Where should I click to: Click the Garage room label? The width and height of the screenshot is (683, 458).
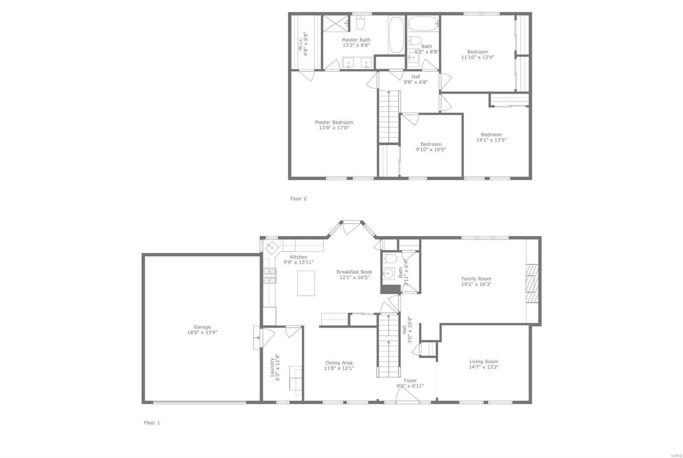coord(202,327)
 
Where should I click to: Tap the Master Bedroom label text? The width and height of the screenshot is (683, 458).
coord(334,122)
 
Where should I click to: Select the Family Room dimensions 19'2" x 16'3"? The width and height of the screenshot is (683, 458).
coord(476,284)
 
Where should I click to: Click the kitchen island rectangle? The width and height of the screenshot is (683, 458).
coord(306,283)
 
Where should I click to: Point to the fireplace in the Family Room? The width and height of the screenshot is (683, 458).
coord(532,283)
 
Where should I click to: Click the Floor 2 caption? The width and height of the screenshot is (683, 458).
coord(298,199)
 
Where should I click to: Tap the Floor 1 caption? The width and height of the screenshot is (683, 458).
coord(152,423)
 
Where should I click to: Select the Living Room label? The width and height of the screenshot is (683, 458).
coord(484,362)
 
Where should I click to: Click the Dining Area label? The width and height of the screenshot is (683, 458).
coord(339,363)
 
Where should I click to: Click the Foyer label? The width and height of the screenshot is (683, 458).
coord(410,380)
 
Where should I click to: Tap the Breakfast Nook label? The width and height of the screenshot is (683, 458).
coord(354,272)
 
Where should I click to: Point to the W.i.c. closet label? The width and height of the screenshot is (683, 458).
coord(301,44)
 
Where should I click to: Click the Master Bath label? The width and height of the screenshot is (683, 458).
coord(356,40)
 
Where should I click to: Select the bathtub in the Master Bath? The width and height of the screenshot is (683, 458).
coord(396,35)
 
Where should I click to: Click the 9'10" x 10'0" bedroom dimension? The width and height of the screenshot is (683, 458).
coord(431,150)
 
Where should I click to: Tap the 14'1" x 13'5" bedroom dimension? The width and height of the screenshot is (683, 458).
coord(491,140)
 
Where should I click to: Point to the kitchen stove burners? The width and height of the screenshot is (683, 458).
coord(269,275)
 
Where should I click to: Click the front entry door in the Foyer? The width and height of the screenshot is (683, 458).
coord(407,397)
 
